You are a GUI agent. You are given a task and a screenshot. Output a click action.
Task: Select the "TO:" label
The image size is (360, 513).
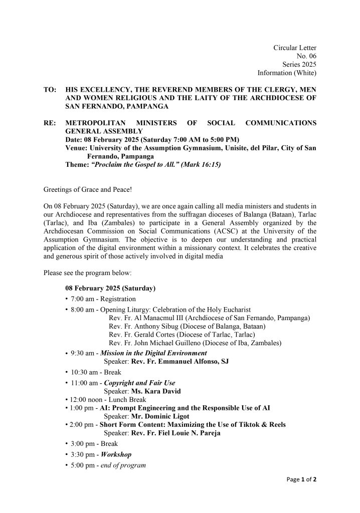click(x=50, y=90)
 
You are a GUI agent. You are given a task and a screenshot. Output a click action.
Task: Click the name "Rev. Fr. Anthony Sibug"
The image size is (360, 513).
click(x=141, y=326)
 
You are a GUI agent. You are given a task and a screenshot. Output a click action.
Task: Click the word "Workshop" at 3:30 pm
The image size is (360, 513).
click(x=116, y=454)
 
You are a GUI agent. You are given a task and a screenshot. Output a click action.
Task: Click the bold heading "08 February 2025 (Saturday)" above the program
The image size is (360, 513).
click(x=110, y=289)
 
